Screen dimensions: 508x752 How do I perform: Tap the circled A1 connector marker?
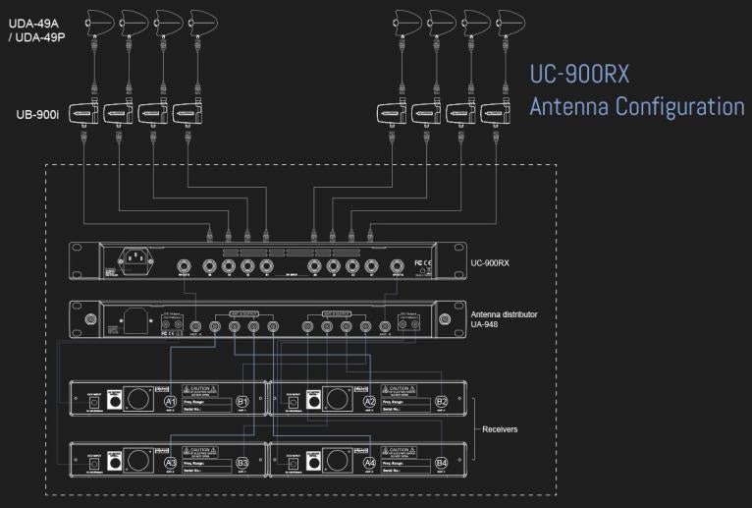point(170,402)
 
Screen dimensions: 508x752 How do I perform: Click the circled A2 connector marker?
point(369,402)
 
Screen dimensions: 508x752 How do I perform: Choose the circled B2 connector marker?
point(442,402)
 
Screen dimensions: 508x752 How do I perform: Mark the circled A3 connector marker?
point(170,463)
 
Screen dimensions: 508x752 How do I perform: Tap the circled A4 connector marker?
point(369,463)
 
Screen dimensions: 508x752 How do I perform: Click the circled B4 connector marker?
point(442,463)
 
